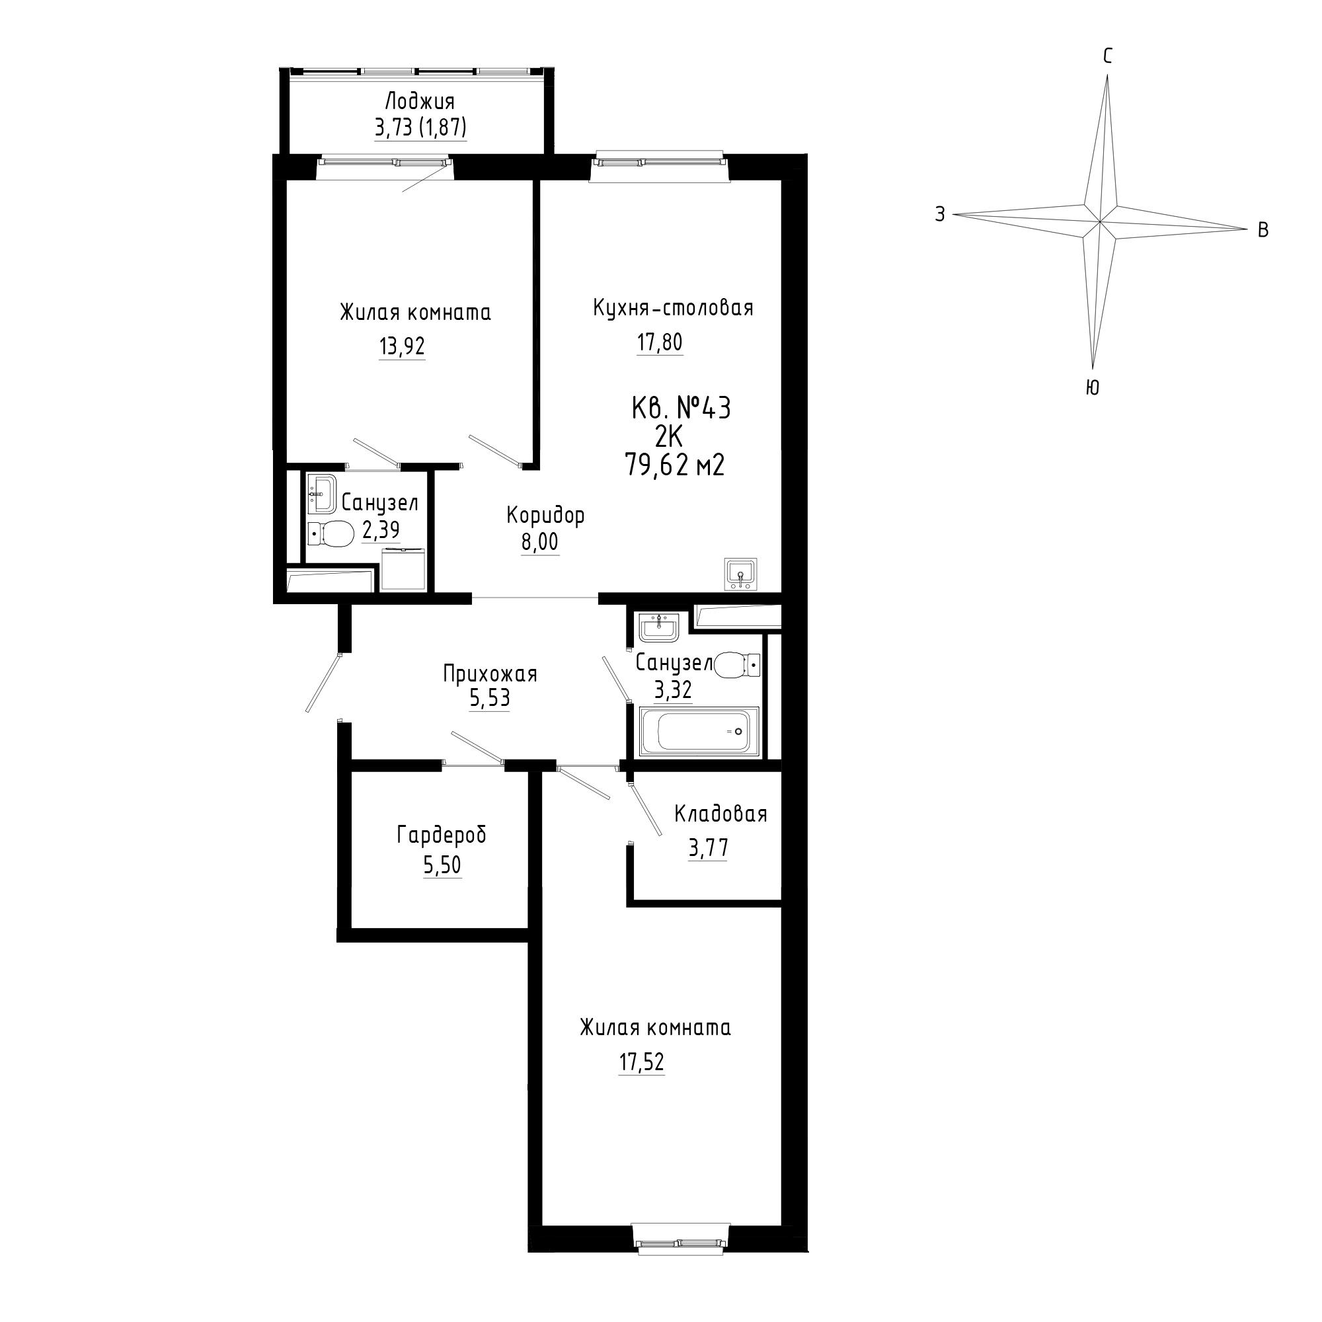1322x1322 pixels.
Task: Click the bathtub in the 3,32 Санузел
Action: tap(699, 732)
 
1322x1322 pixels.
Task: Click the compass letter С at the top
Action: tap(1107, 57)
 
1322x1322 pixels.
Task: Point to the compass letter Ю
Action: tap(1093, 388)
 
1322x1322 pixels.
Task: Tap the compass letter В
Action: tap(1263, 231)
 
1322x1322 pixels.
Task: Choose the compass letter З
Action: tap(940, 214)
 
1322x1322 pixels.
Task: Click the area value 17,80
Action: tap(660, 342)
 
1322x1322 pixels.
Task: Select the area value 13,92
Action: tap(403, 347)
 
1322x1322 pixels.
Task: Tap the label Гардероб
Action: tap(442, 836)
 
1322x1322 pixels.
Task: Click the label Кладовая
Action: tap(720, 814)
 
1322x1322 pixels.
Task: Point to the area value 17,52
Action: tap(642, 1062)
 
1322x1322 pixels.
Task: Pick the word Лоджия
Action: tap(420, 102)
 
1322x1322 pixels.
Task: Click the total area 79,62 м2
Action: tap(674, 466)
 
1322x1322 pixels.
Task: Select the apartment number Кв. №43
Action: tap(681, 408)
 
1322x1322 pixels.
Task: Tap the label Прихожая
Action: tap(490, 675)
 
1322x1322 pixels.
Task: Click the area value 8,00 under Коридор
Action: tap(540, 542)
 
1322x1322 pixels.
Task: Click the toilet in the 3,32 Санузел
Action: tap(736, 664)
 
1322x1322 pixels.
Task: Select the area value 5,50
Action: tap(442, 866)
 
